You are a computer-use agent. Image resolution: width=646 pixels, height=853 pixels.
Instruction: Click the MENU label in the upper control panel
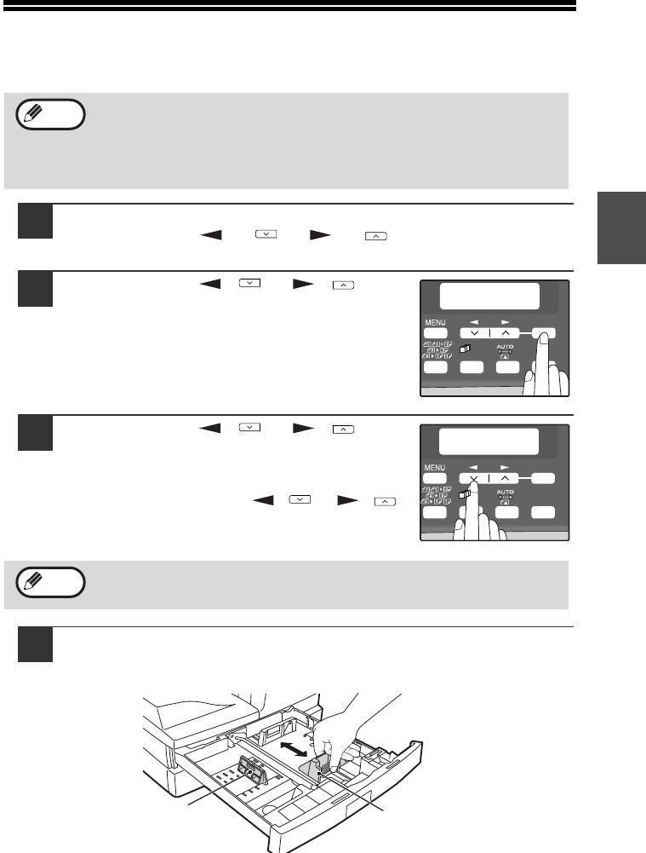[x=435, y=323]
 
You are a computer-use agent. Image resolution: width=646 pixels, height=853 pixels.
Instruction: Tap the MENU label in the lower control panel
[x=435, y=467]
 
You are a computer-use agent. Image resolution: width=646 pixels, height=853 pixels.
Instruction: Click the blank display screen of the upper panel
[x=489, y=296]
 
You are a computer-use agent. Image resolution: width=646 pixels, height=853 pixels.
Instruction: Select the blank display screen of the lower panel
[x=489, y=441]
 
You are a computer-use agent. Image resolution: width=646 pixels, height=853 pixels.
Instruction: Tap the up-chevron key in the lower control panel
[x=506, y=478]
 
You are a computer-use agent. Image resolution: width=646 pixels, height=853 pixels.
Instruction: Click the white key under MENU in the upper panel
[x=435, y=333]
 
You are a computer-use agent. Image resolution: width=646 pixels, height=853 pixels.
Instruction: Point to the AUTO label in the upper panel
[x=506, y=347]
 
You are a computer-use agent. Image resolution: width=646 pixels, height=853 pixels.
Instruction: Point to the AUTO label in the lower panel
[x=506, y=493]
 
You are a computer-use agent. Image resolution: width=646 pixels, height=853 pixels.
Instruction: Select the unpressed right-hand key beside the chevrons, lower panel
[x=543, y=478]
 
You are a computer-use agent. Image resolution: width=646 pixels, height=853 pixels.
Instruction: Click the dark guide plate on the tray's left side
[x=252, y=771]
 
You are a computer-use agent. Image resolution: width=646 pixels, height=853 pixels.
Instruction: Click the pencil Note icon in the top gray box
[x=50, y=114]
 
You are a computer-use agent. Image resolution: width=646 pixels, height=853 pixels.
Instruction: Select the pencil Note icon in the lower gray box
[x=50, y=582]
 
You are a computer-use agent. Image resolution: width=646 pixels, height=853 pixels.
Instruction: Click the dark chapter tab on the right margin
[x=621, y=228]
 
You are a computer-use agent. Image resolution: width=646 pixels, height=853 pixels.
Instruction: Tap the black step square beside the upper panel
[x=35, y=289]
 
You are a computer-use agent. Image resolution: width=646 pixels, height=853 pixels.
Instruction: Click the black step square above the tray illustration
[x=35, y=644]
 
